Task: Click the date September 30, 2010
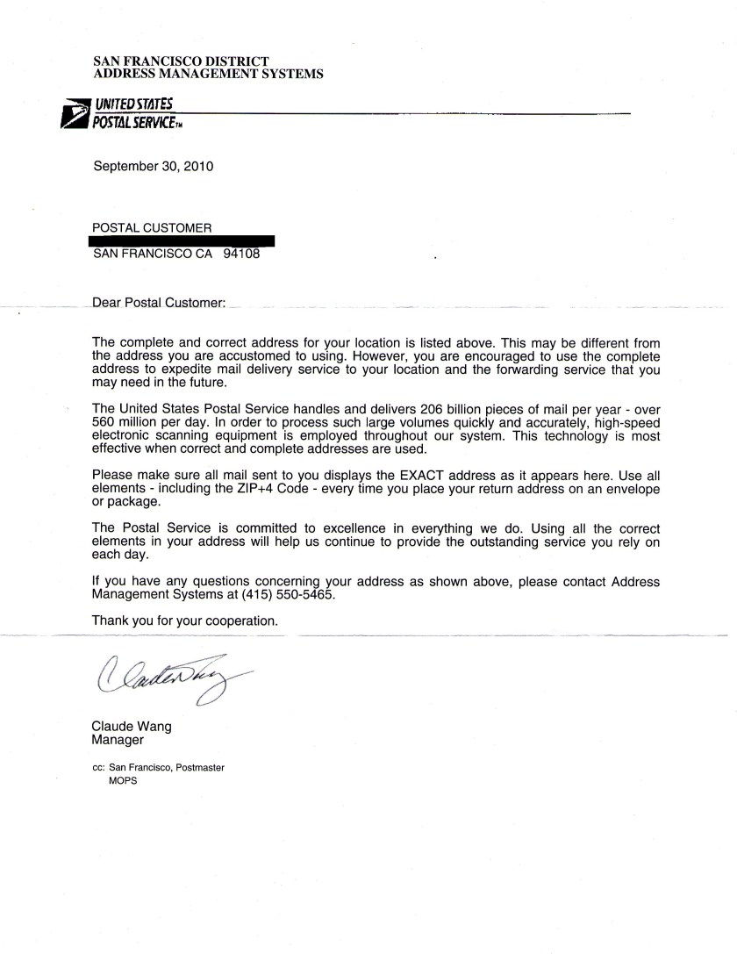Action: [x=154, y=165]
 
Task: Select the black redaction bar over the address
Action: [x=183, y=240]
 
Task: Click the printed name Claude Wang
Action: [x=132, y=726]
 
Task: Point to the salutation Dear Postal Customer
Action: [x=164, y=304]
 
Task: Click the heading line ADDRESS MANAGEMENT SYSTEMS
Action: [x=208, y=74]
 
